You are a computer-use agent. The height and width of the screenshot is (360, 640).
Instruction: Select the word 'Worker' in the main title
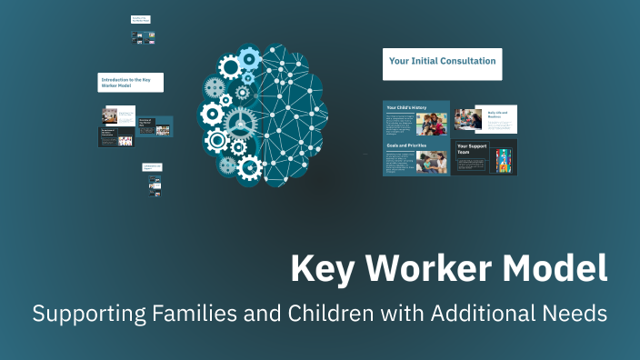click(x=416, y=269)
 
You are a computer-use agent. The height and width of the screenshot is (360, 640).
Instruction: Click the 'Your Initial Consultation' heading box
click(x=442, y=63)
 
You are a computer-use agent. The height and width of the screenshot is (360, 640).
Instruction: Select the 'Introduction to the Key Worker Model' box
click(x=130, y=82)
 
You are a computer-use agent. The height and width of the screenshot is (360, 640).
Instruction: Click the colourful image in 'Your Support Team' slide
click(x=503, y=160)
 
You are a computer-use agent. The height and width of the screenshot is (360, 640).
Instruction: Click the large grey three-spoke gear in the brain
click(x=240, y=121)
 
